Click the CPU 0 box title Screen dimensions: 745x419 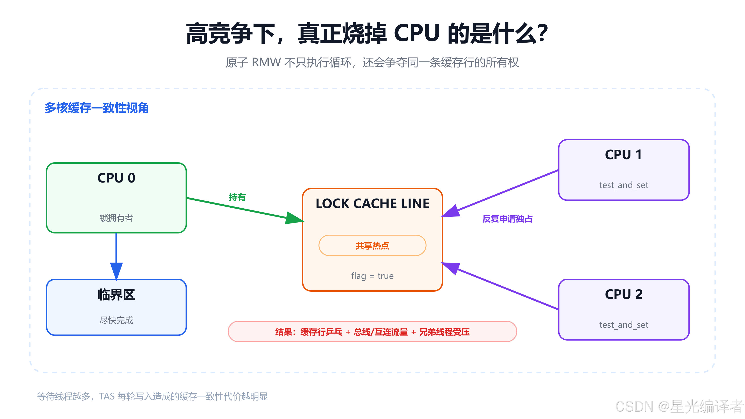[116, 178]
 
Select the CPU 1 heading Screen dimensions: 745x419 [623, 155]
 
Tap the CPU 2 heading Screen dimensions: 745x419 [623, 294]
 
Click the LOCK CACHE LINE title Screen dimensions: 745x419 [372, 204]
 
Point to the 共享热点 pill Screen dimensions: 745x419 [372, 246]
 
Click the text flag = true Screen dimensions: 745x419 [372, 276]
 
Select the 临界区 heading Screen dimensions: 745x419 [116, 295]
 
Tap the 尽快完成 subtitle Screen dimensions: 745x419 [116, 320]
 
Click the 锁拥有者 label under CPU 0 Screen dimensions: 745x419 [116, 218]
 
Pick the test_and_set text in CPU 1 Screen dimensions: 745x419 [623, 185]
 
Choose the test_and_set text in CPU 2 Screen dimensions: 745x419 [623, 325]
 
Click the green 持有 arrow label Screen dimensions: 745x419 [237, 197]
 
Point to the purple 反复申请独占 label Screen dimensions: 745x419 [507, 219]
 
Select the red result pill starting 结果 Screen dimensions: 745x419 [372, 332]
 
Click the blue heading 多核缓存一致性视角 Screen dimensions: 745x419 [97, 108]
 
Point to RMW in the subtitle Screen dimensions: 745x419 [266, 62]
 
